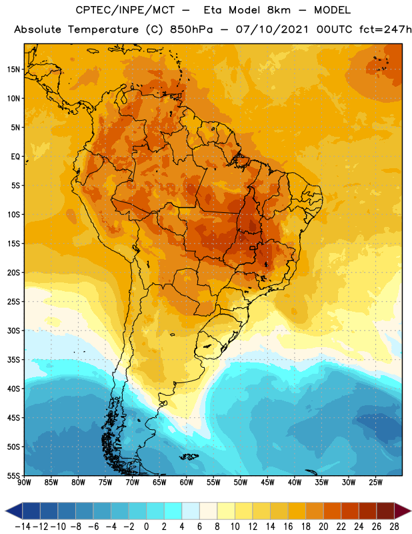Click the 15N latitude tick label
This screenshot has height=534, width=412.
13,69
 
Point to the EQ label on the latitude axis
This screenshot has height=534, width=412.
15,157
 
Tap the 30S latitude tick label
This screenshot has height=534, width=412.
13,330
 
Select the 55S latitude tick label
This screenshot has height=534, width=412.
13,475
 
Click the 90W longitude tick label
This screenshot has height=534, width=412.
24,483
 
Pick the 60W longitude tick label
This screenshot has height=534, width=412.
187,483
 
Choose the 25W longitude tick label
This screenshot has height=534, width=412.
375,483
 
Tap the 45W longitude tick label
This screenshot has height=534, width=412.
267,483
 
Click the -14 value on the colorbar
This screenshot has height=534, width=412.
23,527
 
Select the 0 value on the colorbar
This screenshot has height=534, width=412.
146,527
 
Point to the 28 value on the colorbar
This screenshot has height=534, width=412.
394,527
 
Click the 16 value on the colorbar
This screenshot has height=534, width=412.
288,527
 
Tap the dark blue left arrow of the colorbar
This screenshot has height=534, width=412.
14,511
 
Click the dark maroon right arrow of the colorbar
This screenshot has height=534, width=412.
403,511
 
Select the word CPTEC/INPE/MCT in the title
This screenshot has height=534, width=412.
125,10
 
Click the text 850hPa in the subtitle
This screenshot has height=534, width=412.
191,29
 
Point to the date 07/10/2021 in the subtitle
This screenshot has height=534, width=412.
272,29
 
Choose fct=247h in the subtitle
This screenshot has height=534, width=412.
385,29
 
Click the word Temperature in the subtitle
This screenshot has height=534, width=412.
103,30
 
